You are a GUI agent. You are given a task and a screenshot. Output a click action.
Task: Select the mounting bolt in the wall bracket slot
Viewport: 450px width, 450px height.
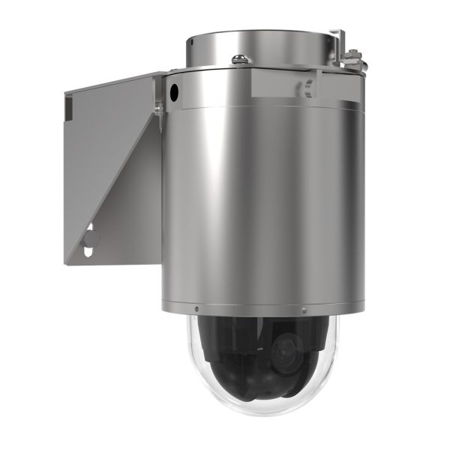pyautogui.click(x=91, y=239)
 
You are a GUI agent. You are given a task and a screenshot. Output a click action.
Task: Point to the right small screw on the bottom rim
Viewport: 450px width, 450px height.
pyautogui.click(x=303, y=310)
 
